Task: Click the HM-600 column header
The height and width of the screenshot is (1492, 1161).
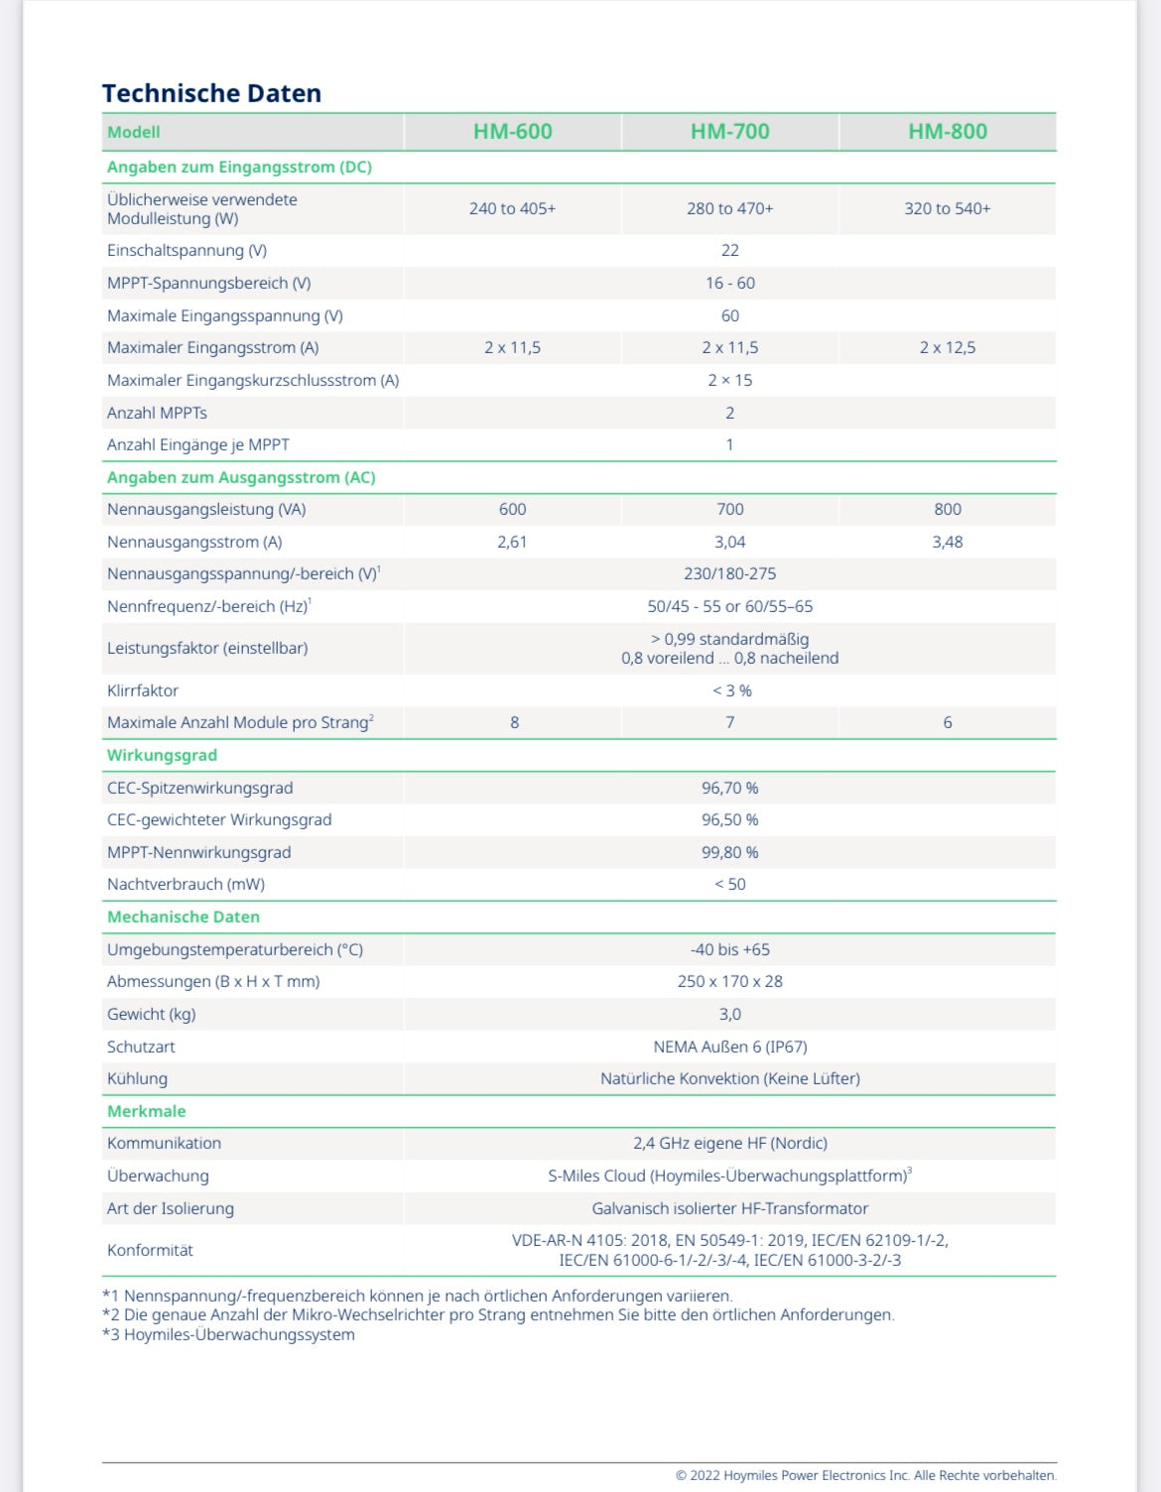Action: [x=512, y=132]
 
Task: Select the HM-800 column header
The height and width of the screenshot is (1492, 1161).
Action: [x=947, y=132]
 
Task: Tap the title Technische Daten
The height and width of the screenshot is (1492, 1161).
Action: [x=211, y=93]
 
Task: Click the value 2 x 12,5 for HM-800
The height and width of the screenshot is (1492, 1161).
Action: [x=947, y=348]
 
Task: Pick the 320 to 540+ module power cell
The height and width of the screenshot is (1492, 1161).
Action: [x=947, y=208]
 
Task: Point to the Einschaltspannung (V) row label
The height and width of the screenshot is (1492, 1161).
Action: [x=187, y=251]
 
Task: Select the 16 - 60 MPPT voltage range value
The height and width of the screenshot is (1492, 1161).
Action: [x=729, y=284]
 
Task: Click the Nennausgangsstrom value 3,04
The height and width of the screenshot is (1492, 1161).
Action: [x=729, y=543]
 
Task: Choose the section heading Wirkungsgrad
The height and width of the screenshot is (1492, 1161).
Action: [x=162, y=756]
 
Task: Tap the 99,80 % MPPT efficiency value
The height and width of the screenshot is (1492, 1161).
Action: [x=729, y=853]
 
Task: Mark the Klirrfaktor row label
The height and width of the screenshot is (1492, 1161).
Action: [x=143, y=690]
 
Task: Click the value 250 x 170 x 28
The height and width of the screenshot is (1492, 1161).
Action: [x=729, y=982]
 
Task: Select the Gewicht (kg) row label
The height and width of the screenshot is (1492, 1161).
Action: [x=151, y=1015]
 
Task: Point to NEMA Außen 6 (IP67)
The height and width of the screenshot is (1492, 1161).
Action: [x=729, y=1048]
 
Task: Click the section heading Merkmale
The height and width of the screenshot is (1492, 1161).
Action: [x=146, y=1112]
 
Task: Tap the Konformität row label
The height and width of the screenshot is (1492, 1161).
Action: [x=150, y=1251]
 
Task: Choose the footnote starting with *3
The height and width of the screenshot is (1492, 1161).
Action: [x=228, y=1335]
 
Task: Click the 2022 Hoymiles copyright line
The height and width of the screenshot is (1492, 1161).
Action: [x=865, y=1476]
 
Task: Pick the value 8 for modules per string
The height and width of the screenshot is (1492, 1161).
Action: [x=514, y=723]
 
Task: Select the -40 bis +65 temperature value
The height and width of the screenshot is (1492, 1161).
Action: [x=729, y=950]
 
